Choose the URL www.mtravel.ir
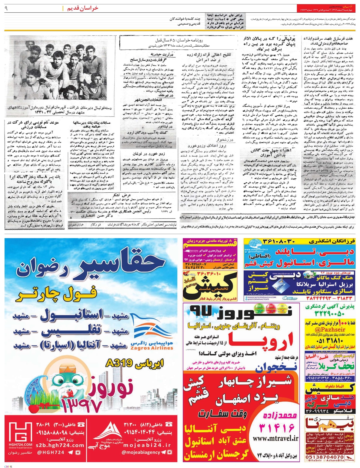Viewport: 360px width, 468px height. click(x=275, y=438)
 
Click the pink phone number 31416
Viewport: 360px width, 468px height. click(x=278, y=427)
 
